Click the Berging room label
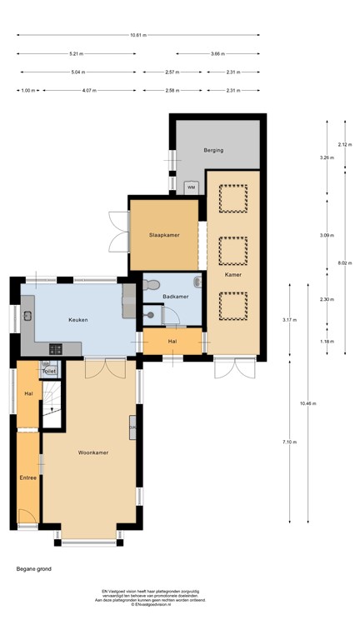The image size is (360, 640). [216, 150]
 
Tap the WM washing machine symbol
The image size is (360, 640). [191, 187]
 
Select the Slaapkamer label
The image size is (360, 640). [164, 235]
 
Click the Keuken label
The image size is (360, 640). [78, 319]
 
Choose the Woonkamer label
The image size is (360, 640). [93, 452]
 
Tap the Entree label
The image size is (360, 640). [27, 477]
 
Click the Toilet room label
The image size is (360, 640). [49, 371]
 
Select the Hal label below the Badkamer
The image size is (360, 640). [172, 341]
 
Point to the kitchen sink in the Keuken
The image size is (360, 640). [27, 315]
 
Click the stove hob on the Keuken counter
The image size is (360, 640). [57, 347]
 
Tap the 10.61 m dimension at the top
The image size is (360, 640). [137, 35]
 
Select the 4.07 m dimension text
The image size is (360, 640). [90, 90]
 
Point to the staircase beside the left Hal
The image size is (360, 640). [52, 400]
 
